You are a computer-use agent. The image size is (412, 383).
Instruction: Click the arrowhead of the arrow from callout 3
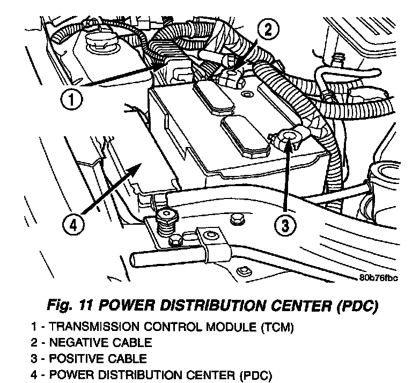point(289,141)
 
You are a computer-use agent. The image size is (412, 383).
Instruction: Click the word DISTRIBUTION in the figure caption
point(204,307)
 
